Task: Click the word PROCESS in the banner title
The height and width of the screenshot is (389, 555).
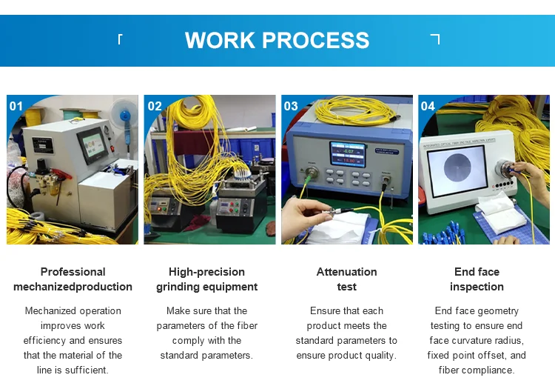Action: point(316,40)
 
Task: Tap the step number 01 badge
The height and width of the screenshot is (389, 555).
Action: point(16,106)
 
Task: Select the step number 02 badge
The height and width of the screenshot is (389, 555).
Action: point(155,106)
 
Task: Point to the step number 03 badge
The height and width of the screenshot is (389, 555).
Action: point(291,106)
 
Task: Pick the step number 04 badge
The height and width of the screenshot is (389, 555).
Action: point(428,106)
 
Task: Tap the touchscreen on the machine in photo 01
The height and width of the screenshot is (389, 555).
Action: point(93,145)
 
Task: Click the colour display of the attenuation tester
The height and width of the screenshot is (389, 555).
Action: point(348,154)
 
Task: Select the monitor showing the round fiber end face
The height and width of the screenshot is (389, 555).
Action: point(457,170)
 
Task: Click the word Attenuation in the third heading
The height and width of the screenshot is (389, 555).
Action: point(346,272)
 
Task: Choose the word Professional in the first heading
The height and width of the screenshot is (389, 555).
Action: point(73,272)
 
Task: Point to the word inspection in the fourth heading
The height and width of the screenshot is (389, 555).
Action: point(477,287)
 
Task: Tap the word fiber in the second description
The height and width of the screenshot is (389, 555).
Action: point(247,325)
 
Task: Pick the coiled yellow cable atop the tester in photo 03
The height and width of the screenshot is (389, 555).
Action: point(354,110)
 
